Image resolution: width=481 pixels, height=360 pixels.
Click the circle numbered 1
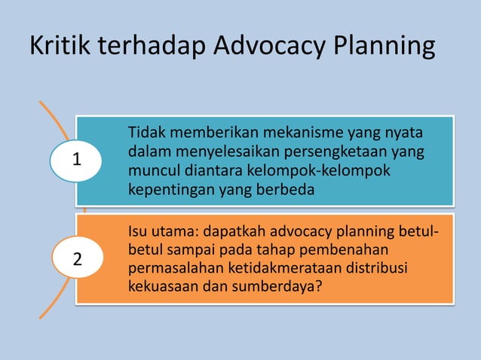coord(75,160)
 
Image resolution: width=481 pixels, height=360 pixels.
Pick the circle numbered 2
coord(75,260)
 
